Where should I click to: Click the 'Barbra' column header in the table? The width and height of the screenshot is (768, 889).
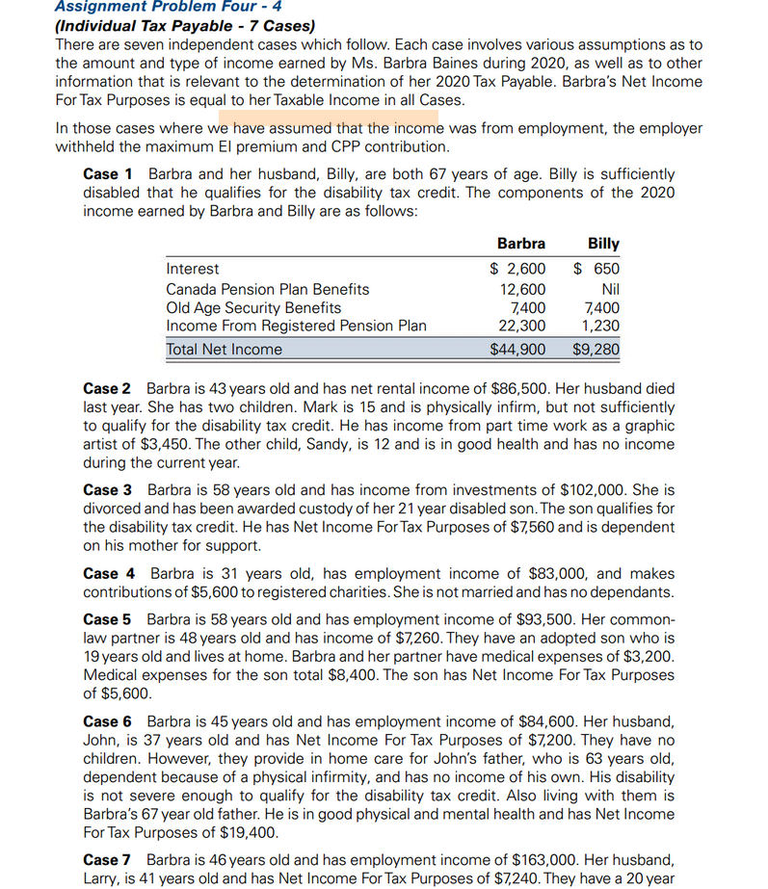point(520,244)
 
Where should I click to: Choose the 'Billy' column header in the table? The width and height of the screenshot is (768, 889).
point(603,244)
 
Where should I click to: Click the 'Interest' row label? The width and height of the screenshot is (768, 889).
point(193,270)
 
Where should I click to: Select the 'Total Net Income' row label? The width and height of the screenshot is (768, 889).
point(225,350)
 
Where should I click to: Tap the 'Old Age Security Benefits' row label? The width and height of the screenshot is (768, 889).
point(253,308)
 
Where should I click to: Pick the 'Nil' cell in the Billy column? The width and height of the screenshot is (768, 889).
point(609,289)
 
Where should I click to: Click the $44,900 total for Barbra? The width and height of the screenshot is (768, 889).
point(517,350)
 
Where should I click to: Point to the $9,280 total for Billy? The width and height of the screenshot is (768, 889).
point(596,350)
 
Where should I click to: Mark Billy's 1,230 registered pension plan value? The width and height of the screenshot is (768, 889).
point(601,327)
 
